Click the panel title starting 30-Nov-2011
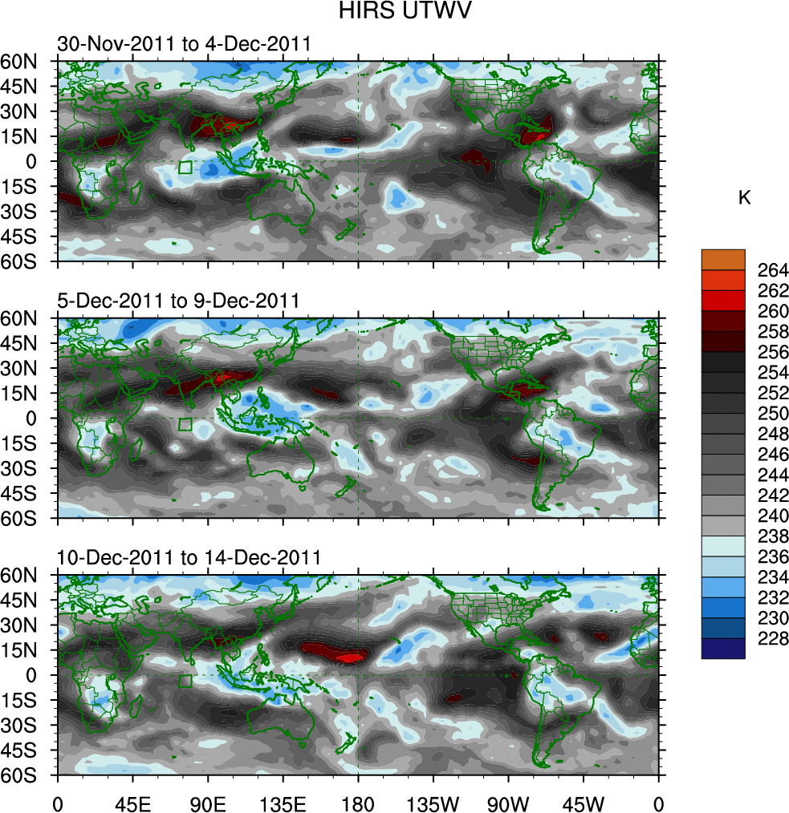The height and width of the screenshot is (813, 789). tap(184, 44)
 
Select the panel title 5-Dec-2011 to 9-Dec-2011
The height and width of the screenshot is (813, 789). tap(178, 301)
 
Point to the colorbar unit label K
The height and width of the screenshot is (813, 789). tap(744, 197)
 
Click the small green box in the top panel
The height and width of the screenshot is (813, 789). tap(185, 168)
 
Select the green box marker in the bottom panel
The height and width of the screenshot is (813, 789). tap(185, 682)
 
